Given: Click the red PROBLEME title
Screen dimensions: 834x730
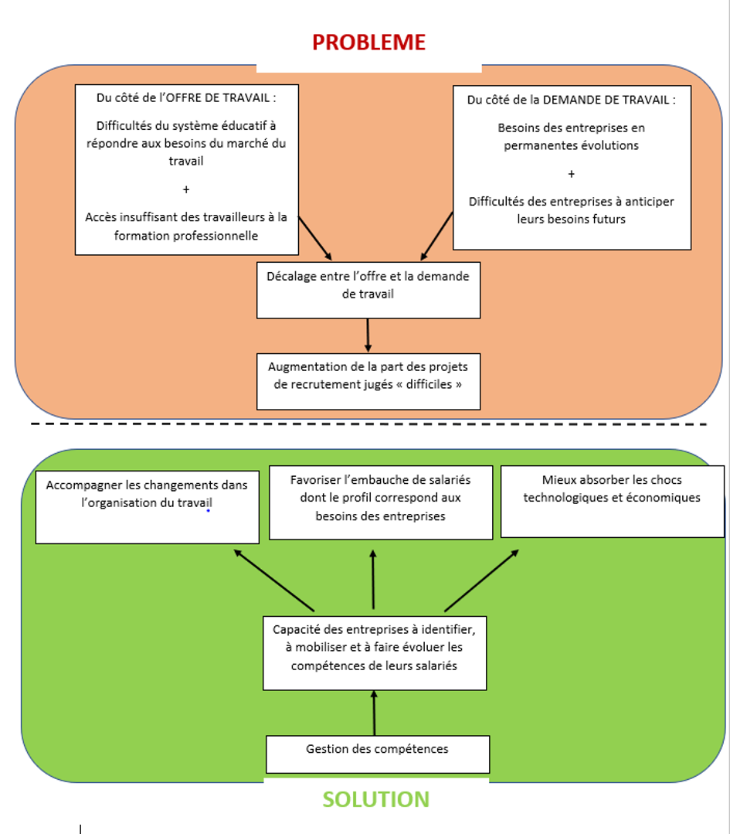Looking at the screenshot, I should pos(368,42).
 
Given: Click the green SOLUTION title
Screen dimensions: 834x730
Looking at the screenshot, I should pos(375,799).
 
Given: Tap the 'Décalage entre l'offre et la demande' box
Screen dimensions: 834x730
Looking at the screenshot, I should pos(368,290).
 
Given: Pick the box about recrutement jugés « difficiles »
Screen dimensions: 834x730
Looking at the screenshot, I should pos(368,381).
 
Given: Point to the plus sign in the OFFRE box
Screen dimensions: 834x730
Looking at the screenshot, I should pos(186,189).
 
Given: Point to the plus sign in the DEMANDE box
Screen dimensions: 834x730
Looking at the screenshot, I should pos(571,174).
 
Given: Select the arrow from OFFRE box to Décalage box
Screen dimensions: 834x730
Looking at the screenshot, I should pos(314,238).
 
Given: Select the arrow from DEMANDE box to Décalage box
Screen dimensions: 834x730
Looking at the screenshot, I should pos(437,237).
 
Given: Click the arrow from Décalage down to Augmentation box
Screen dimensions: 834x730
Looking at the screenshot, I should pos(368,335).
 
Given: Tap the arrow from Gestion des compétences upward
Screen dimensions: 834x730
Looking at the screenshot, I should pos(375,713).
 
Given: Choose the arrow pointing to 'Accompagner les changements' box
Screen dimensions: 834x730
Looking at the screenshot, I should pos(274,580).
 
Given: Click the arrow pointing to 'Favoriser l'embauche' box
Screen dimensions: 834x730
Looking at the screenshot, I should pos(374,580).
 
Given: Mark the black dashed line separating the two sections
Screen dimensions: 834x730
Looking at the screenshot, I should pos(368,424).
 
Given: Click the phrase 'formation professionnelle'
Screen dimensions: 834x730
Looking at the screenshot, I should pos(186,236).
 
